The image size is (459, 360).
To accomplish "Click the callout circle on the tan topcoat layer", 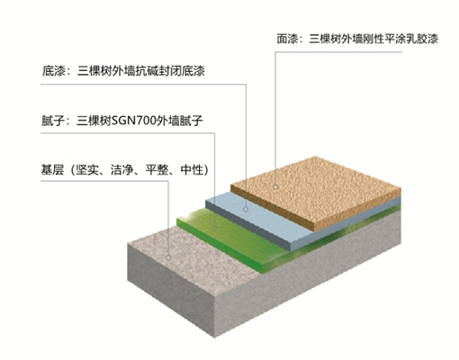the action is pos(275,187).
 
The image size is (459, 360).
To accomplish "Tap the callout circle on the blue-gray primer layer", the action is pos(246,209).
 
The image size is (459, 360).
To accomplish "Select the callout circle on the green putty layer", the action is pos(214,228).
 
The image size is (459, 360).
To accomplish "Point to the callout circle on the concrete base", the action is pos(168,257).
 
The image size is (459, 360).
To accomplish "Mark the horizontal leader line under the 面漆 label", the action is pos(338,52).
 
